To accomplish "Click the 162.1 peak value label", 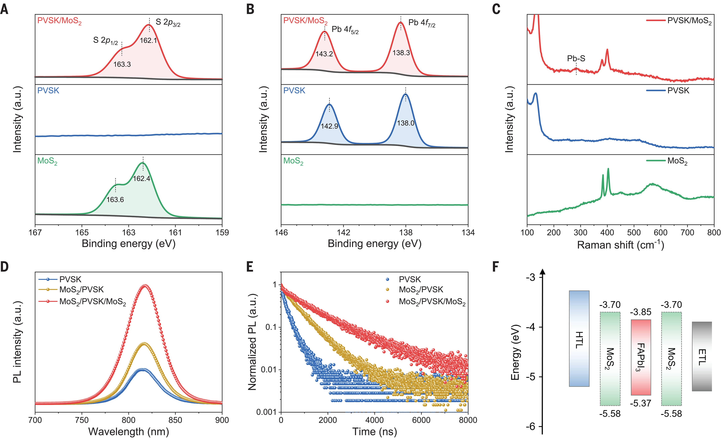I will click(x=148, y=40).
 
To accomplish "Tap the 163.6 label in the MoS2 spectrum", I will click(x=115, y=200).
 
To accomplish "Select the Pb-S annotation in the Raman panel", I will click(x=576, y=59).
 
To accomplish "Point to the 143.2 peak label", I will click(x=324, y=54).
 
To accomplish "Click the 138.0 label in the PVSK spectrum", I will click(x=406, y=123).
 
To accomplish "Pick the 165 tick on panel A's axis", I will click(x=82, y=233).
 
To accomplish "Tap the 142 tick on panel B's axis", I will click(x=344, y=233).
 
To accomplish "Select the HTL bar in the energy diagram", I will click(x=579, y=339).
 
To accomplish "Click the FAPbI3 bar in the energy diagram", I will click(x=641, y=357).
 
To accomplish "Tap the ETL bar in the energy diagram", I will click(x=702, y=356).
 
